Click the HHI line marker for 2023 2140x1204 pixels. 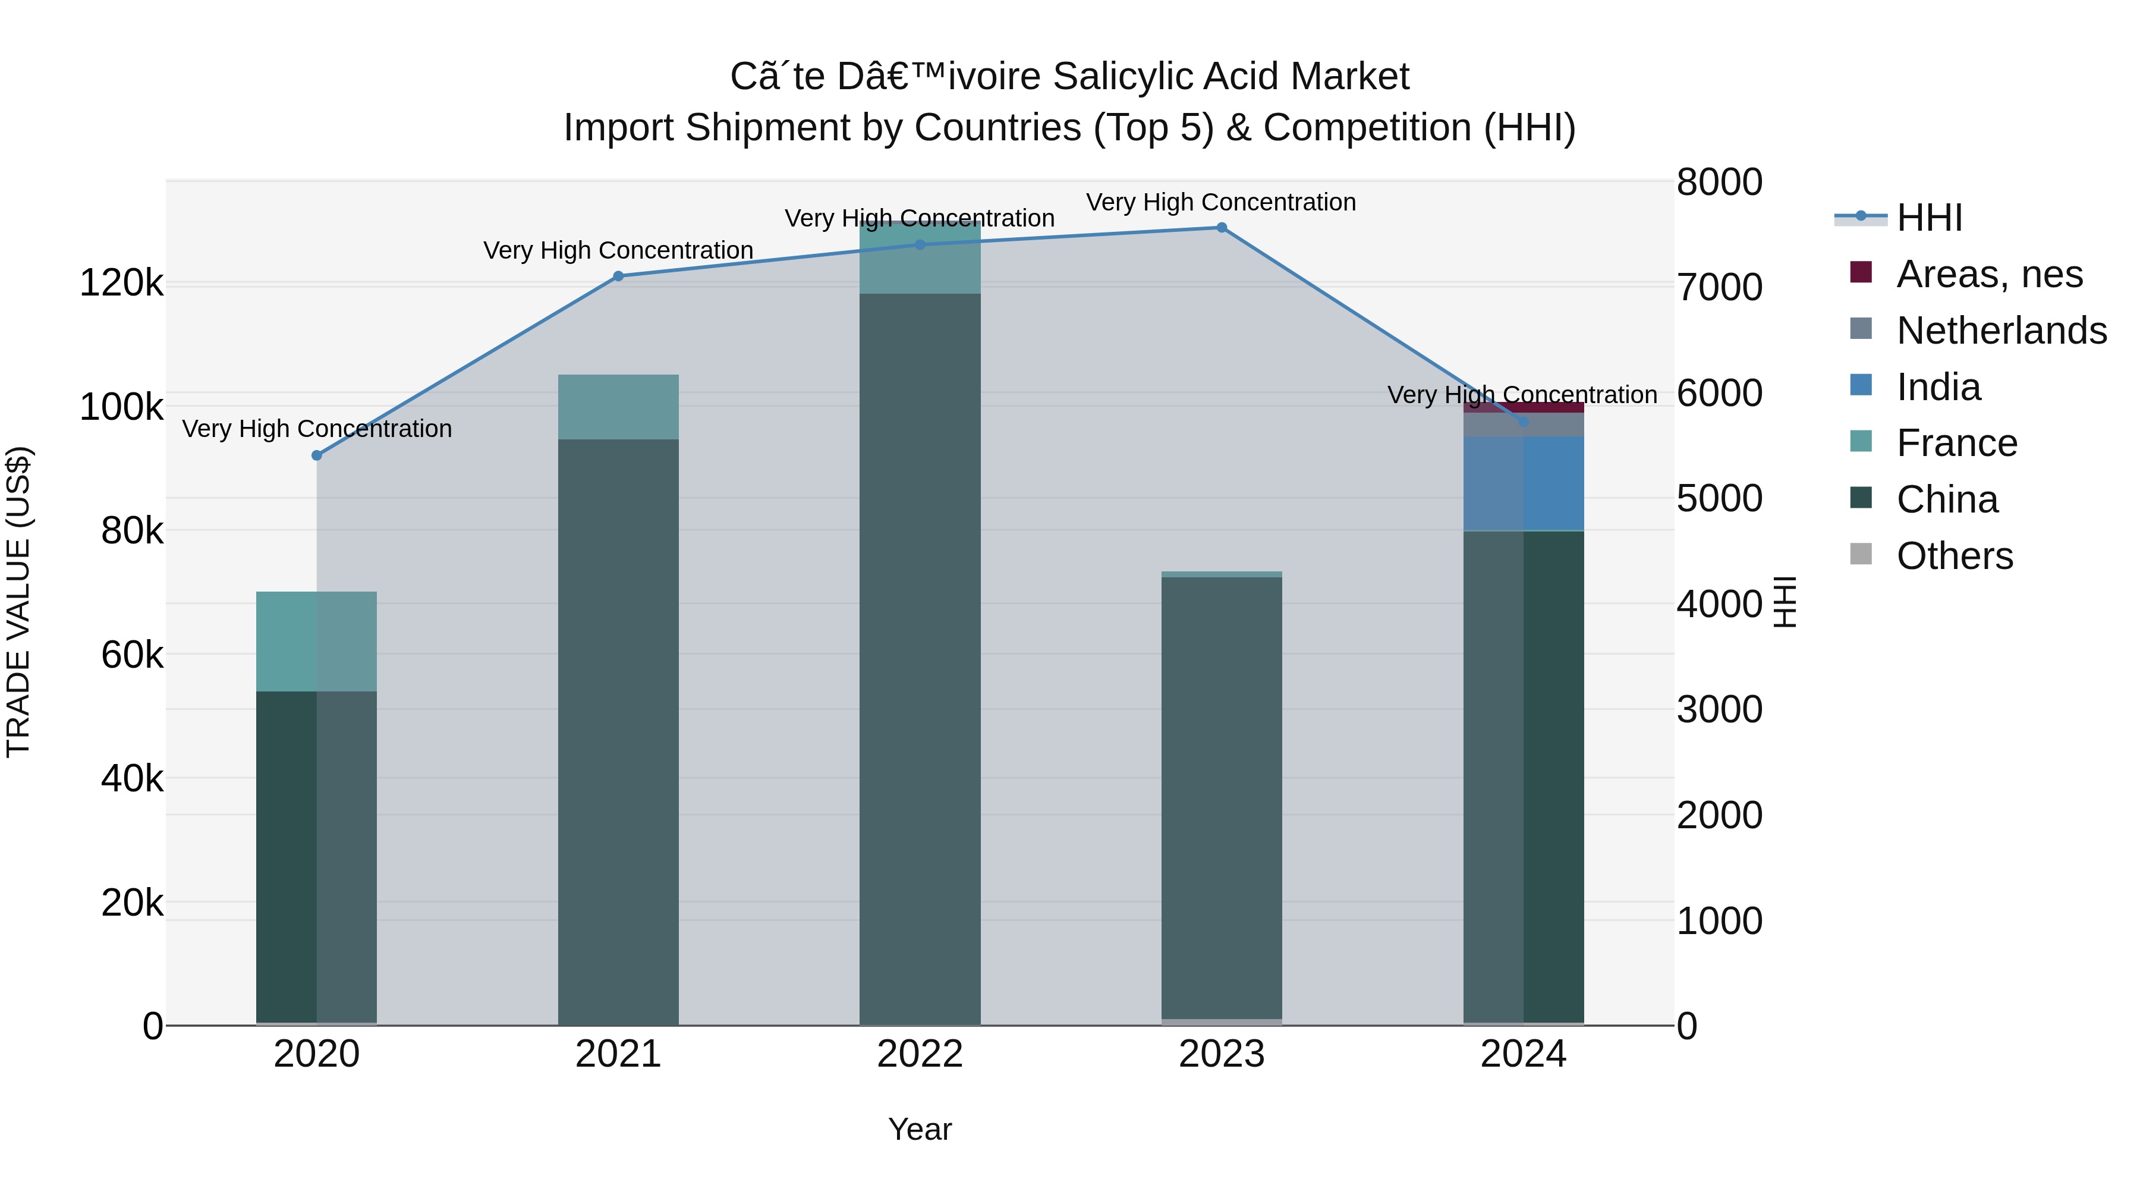pos(1221,228)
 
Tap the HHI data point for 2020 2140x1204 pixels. pos(316,455)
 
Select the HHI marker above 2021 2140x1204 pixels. pos(618,276)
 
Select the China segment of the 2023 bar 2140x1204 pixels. pos(1221,798)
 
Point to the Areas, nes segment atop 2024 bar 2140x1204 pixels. pos(1524,407)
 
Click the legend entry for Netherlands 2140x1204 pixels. pos(2000,331)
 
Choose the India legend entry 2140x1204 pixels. pos(1938,387)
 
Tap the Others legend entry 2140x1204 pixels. pos(1954,556)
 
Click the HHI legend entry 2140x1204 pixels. pos(1929,218)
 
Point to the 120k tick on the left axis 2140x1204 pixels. pos(121,284)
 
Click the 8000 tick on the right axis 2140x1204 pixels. pos(1719,182)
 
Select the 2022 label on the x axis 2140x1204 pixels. pos(920,1054)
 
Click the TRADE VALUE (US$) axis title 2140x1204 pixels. pos(18,602)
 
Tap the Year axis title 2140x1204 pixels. pos(920,1129)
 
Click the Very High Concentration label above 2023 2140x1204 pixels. pos(1220,202)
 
